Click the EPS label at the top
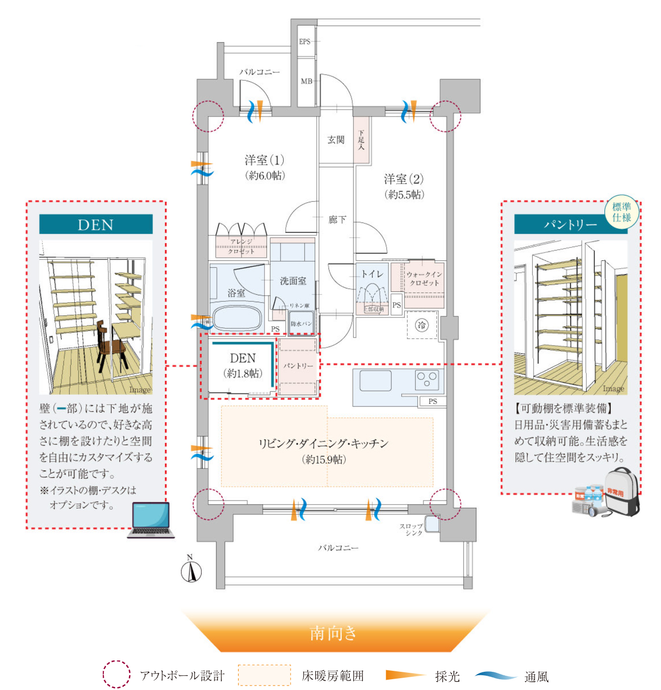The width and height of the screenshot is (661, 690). [x=305, y=41]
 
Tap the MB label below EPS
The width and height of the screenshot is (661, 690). [x=306, y=81]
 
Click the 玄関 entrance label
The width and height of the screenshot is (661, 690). [x=336, y=140]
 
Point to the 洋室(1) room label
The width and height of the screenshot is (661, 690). [x=265, y=160]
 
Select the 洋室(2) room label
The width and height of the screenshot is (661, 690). [x=404, y=179]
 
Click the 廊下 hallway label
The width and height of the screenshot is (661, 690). [x=337, y=220]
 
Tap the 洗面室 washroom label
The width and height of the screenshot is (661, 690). [x=293, y=281]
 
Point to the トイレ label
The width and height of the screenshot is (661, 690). [x=372, y=274]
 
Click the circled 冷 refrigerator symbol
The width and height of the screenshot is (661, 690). [x=422, y=325]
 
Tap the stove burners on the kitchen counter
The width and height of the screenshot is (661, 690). [x=426, y=379]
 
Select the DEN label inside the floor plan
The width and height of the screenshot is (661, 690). [x=243, y=358]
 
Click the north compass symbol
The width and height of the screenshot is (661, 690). [x=191, y=571]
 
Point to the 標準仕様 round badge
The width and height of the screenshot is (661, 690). [x=622, y=212]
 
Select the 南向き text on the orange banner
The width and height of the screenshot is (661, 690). [x=333, y=633]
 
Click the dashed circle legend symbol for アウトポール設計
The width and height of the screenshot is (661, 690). [x=117, y=675]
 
